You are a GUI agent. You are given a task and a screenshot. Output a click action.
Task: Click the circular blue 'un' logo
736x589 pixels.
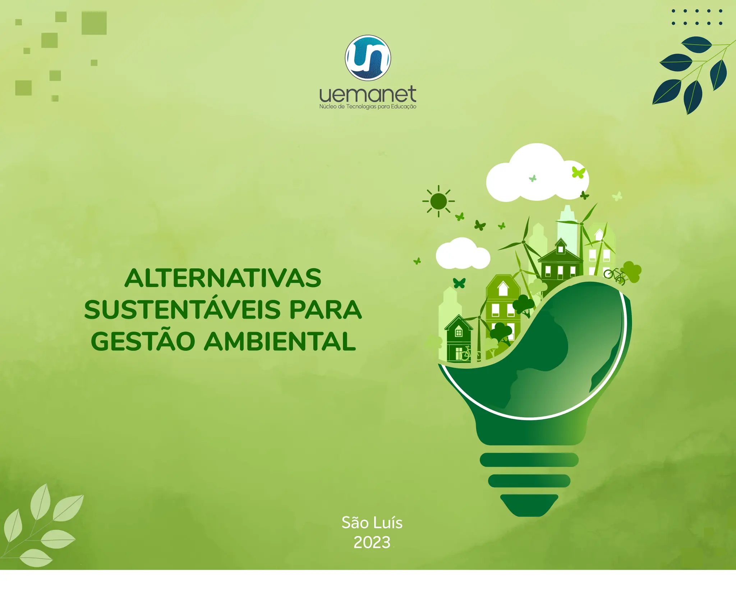(x=368, y=57)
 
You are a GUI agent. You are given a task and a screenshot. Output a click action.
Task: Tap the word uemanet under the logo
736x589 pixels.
(x=368, y=94)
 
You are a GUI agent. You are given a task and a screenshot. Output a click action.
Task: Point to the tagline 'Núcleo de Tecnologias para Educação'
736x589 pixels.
(x=368, y=107)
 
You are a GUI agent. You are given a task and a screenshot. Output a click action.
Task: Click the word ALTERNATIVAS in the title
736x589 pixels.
(x=223, y=278)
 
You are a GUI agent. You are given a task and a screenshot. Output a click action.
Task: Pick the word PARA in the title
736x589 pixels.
(x=325, y=310)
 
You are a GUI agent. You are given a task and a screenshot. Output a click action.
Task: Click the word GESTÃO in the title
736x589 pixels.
(x=143, y=341)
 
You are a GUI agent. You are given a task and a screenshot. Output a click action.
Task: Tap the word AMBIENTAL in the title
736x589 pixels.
(x=280, y=341)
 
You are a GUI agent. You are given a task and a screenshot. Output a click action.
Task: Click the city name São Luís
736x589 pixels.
(x=372, y=523)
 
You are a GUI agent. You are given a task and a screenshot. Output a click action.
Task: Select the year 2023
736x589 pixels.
(x=372, y=542)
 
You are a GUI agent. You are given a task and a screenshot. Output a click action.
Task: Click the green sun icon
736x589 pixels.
(x=438, y=201)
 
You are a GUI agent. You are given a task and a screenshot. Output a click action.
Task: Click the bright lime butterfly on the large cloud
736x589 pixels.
(x=578, y=172)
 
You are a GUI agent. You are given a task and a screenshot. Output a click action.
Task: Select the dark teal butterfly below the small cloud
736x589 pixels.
(x=459, y=283)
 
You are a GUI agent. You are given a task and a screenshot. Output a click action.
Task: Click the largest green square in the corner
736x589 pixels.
(x=94, y=23)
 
